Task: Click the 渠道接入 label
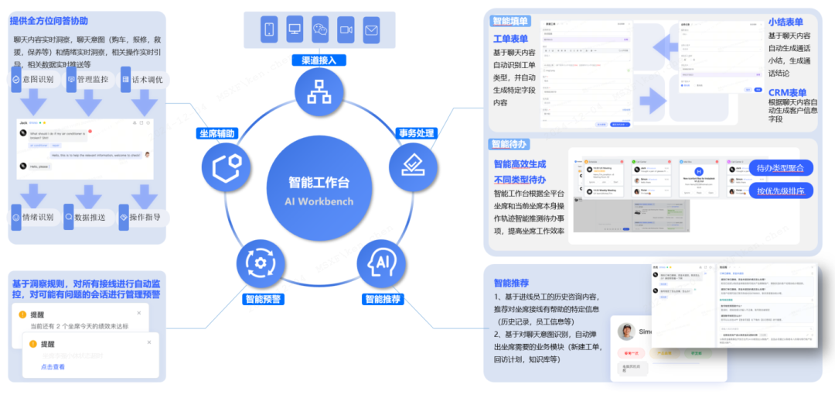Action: point(319,60)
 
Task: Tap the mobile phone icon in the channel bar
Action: point(270,30)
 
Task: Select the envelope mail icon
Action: point(371,30)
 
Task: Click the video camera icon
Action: point(346,30)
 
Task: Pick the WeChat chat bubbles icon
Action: point(320,30)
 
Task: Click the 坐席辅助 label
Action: point(219,133)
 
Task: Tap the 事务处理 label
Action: point(415,133)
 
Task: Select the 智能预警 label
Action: point(263,298)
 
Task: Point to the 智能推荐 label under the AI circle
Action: point(382,298)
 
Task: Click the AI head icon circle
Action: point(381,263)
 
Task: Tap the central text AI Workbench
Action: point(319,201)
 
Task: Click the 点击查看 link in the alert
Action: point(53,366)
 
